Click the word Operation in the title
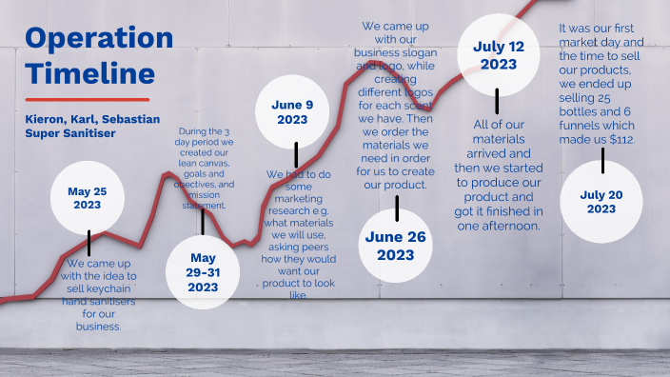point(99,38)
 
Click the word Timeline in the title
point(89,72)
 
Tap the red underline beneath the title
point(87,99)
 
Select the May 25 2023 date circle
point(87,198)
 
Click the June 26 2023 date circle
point(396,246)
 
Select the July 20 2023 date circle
point(601,202)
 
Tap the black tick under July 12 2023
point(496,103)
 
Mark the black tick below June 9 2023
point(296,155)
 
